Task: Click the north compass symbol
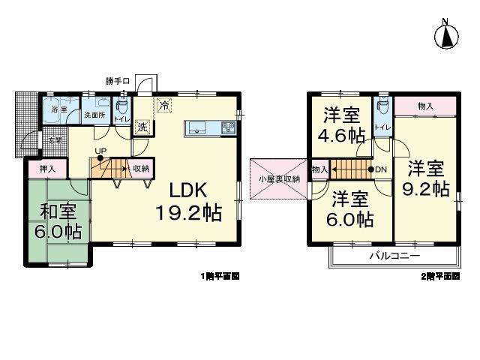(x=447, y=35)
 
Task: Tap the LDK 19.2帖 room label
(x=188, y=202)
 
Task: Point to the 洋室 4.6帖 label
(x=342, y=125)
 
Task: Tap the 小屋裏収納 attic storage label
(x=280, y=179)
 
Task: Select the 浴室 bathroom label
(x=58, y=110)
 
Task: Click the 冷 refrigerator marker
(x=164, y=106)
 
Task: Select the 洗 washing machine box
(x=142, y=127)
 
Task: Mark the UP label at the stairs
(x=100, y=151)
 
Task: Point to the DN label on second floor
(x=380, y=169)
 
